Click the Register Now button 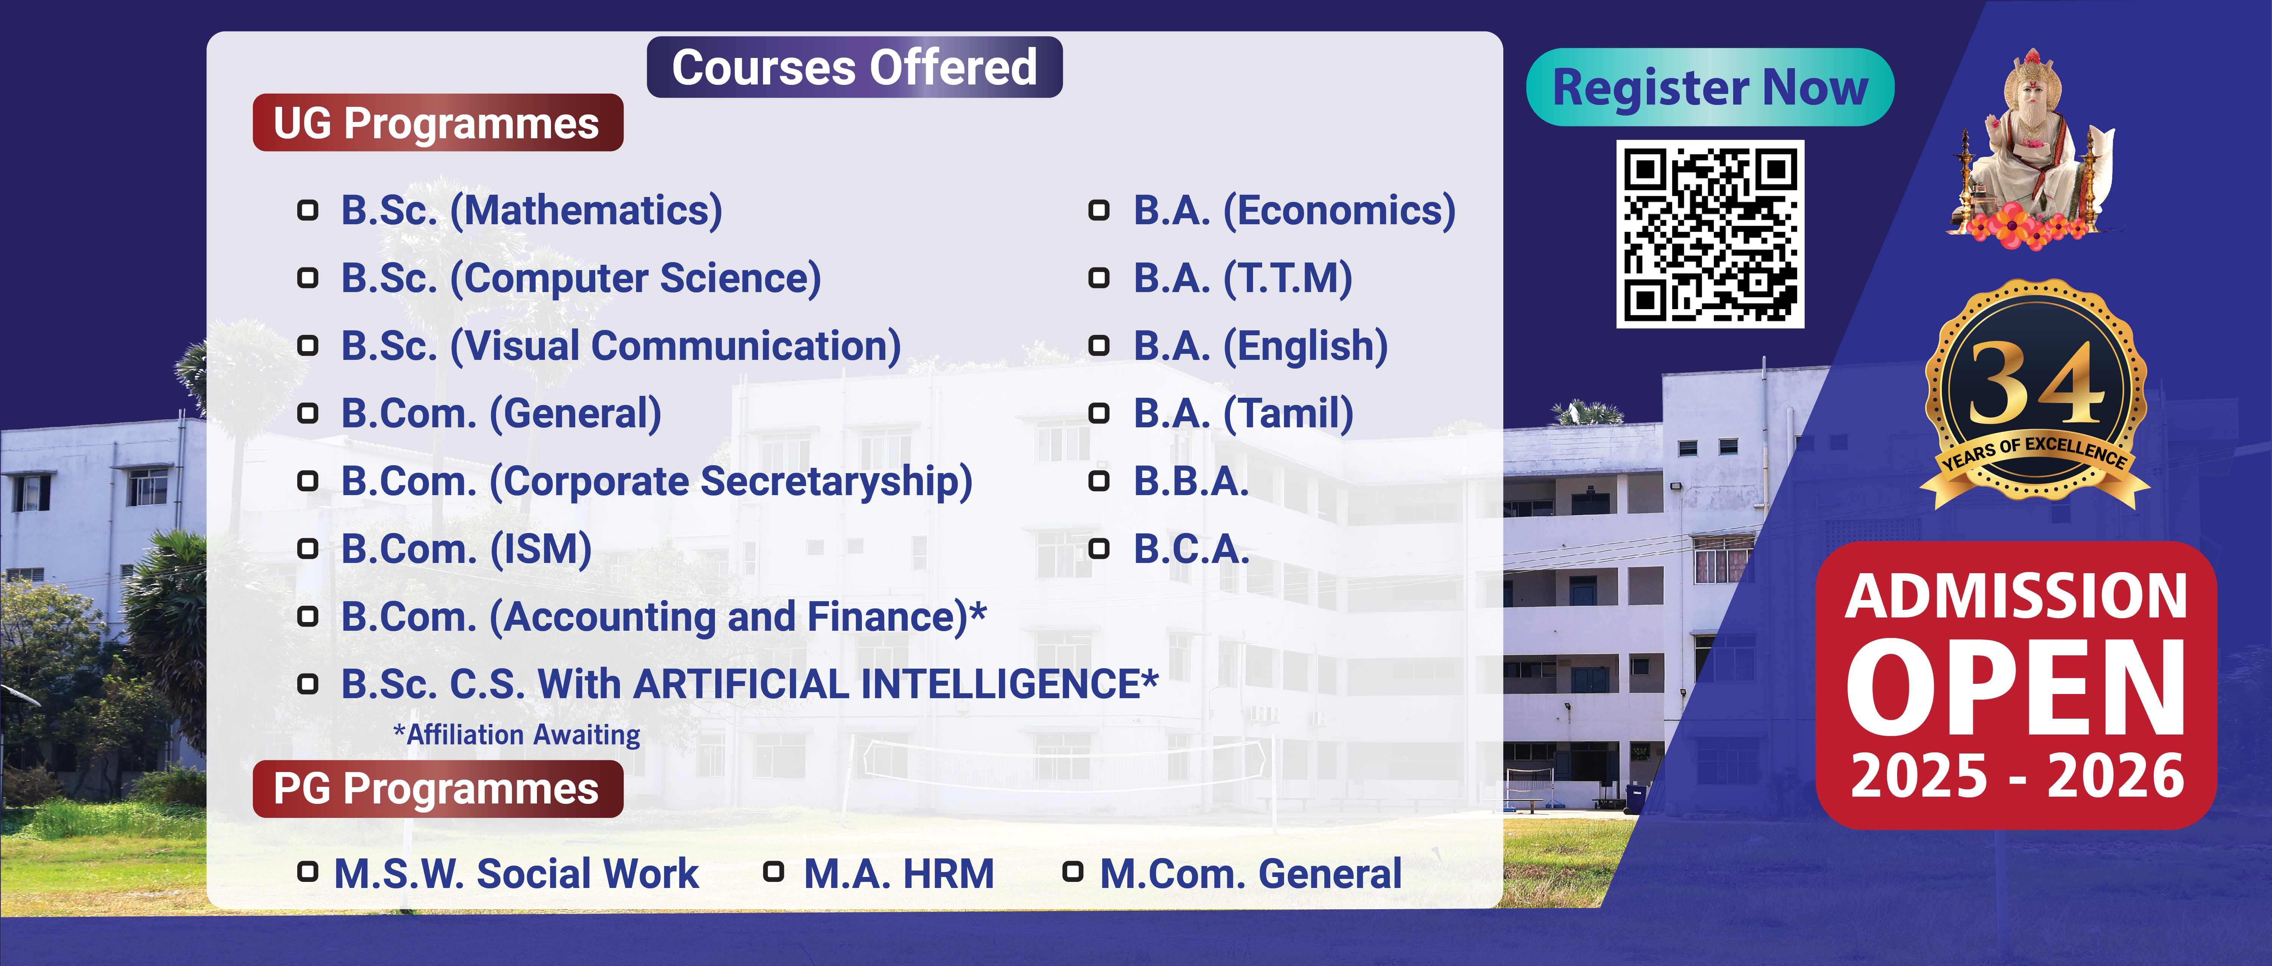click(1709, 88)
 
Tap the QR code click(1710, 234)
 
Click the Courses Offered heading click(855, 67)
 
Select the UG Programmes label click(437, 123)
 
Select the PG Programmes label click(437, 789)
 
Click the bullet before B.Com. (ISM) click(307, 549)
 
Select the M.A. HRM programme click(899, 873)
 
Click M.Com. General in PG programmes click(1251, 873)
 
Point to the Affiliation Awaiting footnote click(517, 735)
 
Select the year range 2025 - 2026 click(2017, 776)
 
